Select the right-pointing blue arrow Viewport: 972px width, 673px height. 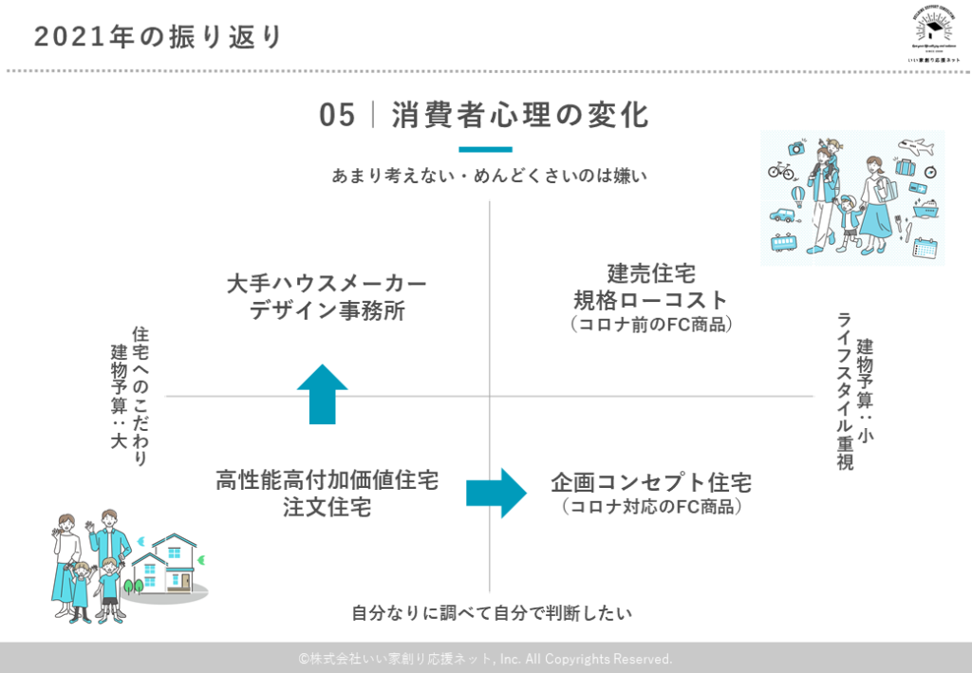tap(495, 492)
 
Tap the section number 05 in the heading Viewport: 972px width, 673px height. tap(337, 116)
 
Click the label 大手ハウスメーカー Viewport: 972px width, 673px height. tap(327, 284)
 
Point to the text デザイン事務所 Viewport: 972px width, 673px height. tap(327, 310)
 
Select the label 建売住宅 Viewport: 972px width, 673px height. tap(651, 274)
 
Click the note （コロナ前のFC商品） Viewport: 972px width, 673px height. tap(651, 324)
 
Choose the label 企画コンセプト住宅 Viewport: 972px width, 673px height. tap(651, 483)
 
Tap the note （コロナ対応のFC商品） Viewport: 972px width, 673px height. tap(651, 507)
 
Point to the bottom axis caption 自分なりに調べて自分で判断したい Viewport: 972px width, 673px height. tap(490, 613)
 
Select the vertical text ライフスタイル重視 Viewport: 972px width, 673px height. tap(844, 390)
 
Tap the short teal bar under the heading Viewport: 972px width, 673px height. tap(485, 149)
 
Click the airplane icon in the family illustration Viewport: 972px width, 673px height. tap(918, 148)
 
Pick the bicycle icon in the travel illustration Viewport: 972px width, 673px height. tap(781, 171)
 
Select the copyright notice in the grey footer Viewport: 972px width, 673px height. tap(485, 658)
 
